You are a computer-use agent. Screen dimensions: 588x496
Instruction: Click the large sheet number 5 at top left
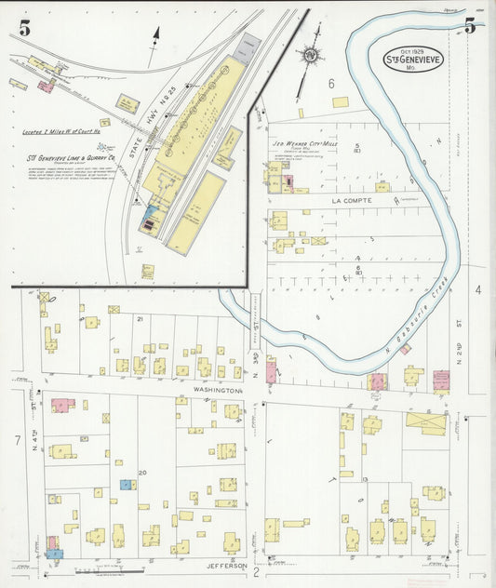tap(23, 28)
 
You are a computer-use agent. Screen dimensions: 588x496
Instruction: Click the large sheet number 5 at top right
tap(470, 25)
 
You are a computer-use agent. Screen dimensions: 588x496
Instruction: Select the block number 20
tap(142, 473)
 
